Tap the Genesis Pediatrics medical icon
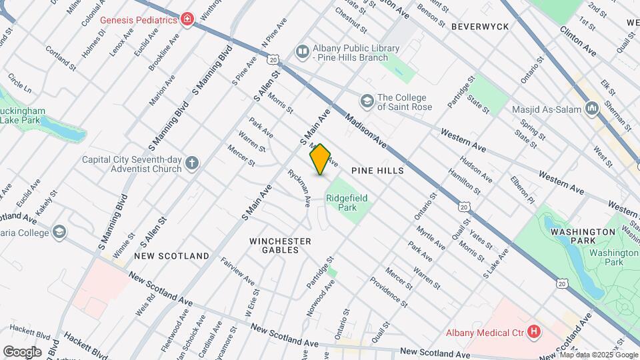(187, 19)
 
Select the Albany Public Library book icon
(303, 52)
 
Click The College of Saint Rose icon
(366, 101)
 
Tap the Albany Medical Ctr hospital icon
(533, 331)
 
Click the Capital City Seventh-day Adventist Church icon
(192, 163)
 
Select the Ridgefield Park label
(347, 203)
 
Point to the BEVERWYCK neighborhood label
(480, 27)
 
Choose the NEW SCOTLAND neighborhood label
(171, 256)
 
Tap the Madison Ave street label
(366, 130)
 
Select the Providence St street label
(388, 292)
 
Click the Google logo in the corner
(23, 351)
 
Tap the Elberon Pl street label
(522, 189)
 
